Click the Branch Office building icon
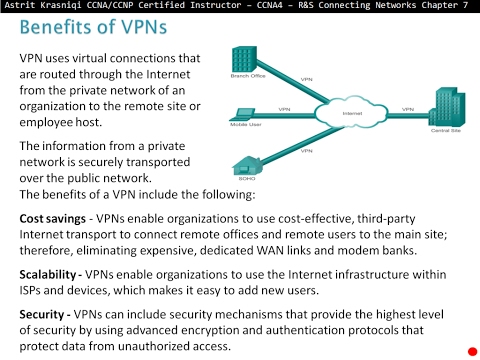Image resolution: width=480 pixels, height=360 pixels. pos(247,57)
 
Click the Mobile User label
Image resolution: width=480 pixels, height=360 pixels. pos(246,125)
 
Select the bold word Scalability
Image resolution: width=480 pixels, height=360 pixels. pos(51,272)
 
